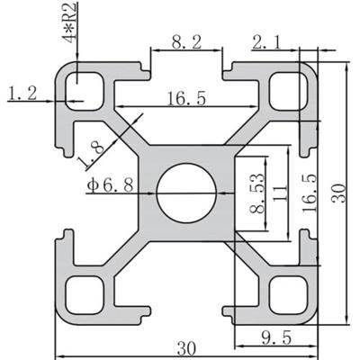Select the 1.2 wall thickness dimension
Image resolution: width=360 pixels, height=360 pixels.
pyautogui.click(x=23, y=92)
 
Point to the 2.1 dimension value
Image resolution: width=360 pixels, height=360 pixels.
pyautogui.click(x=269, y=41)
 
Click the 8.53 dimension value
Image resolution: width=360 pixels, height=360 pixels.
pyautogui.click(x=258, y=191)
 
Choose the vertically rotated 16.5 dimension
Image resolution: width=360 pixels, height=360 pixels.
pyautogui.click(x=309, y=192)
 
